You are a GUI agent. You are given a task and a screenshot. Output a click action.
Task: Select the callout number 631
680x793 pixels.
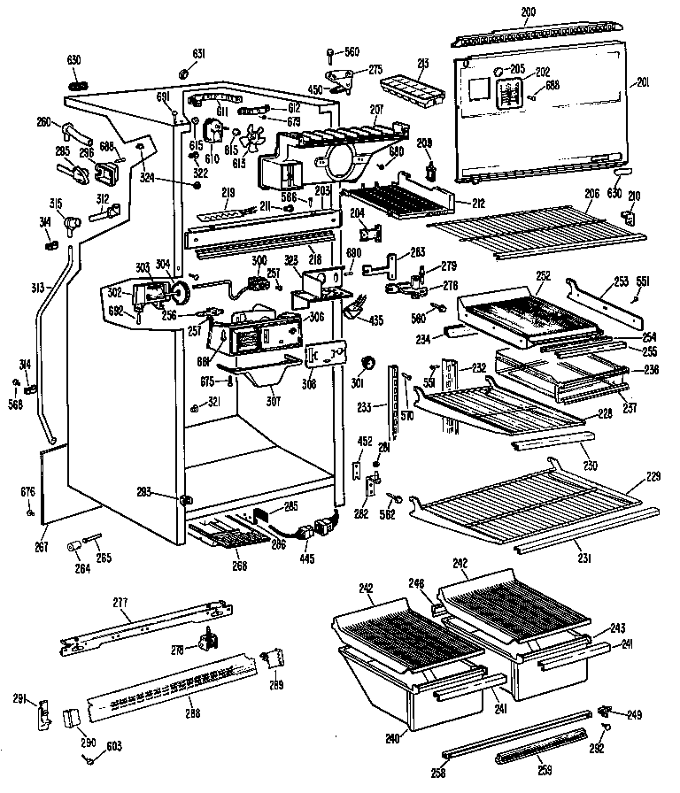point(199,54)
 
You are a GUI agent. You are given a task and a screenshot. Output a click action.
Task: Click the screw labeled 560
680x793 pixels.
point(330,53)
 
